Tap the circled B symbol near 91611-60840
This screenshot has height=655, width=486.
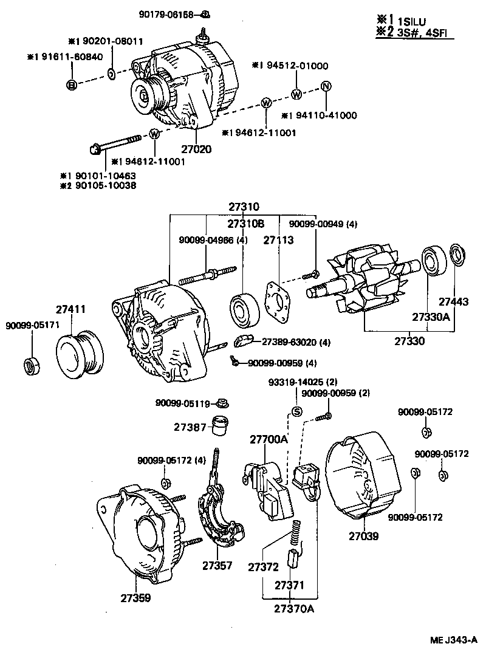pyautogui.click(x=71, y=85)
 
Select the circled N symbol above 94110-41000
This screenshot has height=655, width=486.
pyautogui.click(x=325, y=86)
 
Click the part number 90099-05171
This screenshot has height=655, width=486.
pyautogui.click(x=33, y=325)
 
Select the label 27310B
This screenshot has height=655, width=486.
pyautogui.click(x=246, y=224)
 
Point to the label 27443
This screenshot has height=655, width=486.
pyautogui.click(x=454, y=301)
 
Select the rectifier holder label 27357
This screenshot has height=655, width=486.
pyautogui.click(x=217, y=566)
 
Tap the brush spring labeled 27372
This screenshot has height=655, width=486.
pyautogui.click(x=297, y=530)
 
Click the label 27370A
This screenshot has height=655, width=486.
pyautogui.click(x=290, y=609)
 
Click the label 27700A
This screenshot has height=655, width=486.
pyautogui.click(x=268, y=439)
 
